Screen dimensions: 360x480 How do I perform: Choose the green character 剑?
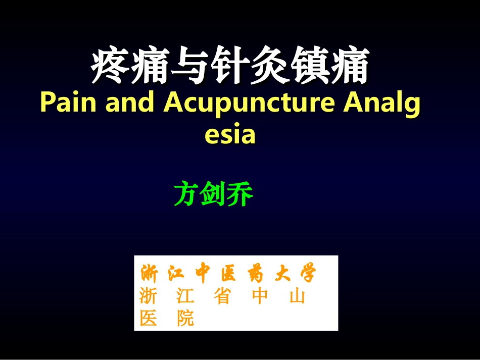[213, 194]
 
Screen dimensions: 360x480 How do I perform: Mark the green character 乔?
[239, 194]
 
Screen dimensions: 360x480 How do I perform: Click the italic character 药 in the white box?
[255, 274]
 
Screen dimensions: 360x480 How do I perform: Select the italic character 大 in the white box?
[281, 274]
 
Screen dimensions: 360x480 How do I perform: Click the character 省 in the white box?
[221, 296]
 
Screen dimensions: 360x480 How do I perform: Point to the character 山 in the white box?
[297, 296]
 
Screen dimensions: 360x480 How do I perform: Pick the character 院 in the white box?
[185, 318]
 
